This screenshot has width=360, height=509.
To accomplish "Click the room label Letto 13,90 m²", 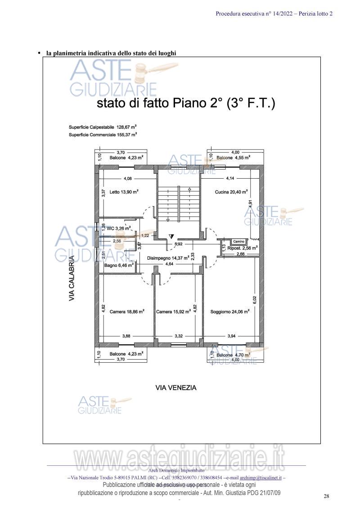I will coord(124,192).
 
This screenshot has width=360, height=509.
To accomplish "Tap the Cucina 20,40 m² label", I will coord(231,192).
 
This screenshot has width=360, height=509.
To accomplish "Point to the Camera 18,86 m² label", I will coord(127,311).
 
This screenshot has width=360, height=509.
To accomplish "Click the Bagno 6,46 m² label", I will coord(119,266).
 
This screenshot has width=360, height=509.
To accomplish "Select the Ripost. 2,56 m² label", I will coord(242,248).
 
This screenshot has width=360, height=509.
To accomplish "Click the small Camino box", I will coord(238,242).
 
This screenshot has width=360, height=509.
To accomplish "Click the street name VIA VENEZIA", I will coord(176,387).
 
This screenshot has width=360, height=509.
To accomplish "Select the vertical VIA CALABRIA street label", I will coord(72,279).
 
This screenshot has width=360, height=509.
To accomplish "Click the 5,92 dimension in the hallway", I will coord(179,244).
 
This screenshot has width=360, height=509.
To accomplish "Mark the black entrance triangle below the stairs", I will coord(171,236).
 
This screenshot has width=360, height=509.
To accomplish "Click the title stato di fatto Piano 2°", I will coord(186,104).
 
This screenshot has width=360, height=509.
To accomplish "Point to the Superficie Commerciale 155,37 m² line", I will coord(103,134).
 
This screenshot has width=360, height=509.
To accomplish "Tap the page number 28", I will coord(327,496).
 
